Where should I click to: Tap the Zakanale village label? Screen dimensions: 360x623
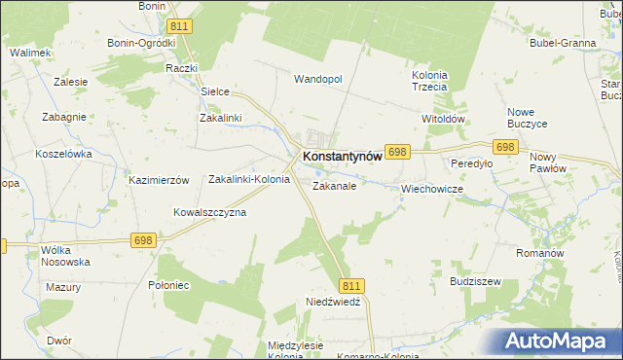[x=334, y=185]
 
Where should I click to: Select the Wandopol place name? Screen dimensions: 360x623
[x=318, y=79]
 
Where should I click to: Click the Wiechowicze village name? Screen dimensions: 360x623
[x=431, y=189]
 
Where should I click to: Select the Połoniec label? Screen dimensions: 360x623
[x=166, y=284]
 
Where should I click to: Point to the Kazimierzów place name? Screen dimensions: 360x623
[x=158, y=181]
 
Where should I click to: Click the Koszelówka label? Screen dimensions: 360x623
[x=63, y=154]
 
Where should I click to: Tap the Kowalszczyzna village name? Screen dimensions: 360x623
[x=209, y=212]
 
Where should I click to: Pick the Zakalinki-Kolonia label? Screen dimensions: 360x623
[x=249, y=179]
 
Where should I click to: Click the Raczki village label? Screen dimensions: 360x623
[x=182, y=68]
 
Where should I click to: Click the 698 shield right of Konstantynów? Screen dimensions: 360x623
[x=397, y=152]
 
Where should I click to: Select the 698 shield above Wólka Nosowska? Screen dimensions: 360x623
[x=143, y=239]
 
